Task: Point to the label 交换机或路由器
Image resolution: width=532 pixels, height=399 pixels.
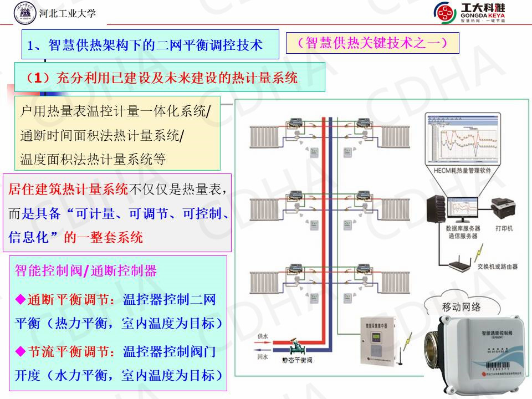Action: (x=498, y=267)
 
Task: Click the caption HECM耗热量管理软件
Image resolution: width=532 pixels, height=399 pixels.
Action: (x=462, y=171)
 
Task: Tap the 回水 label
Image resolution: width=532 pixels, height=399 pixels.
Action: (x=263, y=358)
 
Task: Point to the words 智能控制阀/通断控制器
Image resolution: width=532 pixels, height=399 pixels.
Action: (x=86, y=271)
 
